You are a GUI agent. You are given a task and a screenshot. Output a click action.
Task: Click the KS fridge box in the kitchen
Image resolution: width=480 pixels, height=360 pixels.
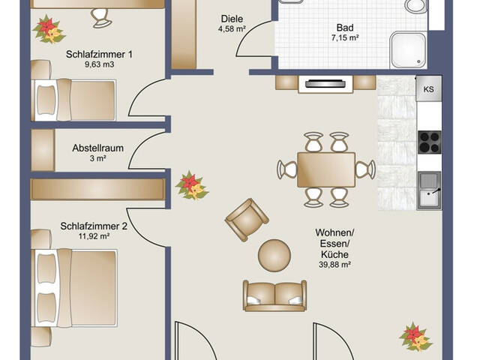point(429,88)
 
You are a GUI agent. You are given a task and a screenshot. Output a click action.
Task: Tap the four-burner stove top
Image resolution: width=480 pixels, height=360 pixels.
point(429,140)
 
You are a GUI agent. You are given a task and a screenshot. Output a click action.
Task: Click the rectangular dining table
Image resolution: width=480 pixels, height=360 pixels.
point(325,169)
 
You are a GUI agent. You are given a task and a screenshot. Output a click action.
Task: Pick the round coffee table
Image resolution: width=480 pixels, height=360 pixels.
point(274,254)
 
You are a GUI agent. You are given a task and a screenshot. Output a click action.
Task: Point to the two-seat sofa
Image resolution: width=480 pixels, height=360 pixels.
point(274,295)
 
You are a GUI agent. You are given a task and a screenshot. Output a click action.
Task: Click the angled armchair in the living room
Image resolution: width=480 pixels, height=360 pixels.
point(245,219)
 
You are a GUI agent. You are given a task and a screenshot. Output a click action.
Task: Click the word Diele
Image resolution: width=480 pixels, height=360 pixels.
point(231,19)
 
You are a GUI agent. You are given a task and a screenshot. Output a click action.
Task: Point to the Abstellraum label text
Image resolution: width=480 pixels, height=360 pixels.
point(97,148)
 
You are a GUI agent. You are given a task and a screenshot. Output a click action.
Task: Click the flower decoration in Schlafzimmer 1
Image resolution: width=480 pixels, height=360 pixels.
point(49,30)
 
